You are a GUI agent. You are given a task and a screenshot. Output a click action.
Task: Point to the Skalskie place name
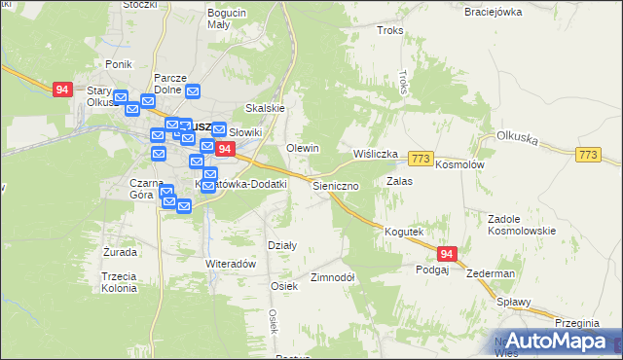pyautogui.click(x=264, y=109)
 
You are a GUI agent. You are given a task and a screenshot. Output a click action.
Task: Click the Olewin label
pyautogui.click(x=303, y=147)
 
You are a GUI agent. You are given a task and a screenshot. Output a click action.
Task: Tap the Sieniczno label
pyautogui.click(x=337, y=184)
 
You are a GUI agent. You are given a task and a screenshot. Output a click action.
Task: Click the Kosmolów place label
pyautogui.click(x=459, y=165)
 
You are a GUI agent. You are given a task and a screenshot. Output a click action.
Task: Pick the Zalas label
pyautogui.click(x=399, y=181)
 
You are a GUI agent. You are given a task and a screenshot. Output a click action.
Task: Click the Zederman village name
pyautogui.click(x=490, y=274)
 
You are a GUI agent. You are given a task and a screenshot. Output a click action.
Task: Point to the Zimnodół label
pyautogui.click(x=332, y=276)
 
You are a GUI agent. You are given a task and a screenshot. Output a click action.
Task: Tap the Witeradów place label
pyautogui.click(x=230, y=264)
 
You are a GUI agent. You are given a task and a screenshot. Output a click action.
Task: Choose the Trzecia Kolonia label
pyautogui.click(x=119, y=282)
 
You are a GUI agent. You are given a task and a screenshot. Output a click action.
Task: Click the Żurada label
pyautogui.click(x=120, y=252)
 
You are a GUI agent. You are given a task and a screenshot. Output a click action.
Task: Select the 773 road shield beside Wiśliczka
pyautogui.click(x=421, y=159)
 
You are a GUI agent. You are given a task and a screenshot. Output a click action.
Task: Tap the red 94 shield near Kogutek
pyautogui.click(x=447, y=254)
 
